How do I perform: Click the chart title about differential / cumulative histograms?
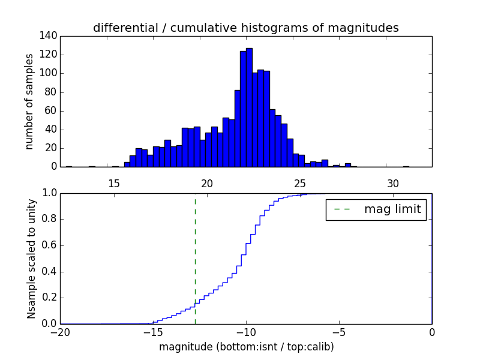tap(245, 28)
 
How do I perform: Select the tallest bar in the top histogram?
tap(249, 108)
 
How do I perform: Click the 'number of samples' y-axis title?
tap(29, 101)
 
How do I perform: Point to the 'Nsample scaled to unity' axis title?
tap(31, 258)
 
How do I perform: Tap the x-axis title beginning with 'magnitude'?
tap(246, 347)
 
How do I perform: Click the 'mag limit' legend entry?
tap(376, 209)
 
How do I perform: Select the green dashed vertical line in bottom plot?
tap(195, 252)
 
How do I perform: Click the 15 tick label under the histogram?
tap(114, 184)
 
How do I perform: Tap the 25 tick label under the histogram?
tap(300, 184)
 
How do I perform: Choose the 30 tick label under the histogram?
tap(393, 184)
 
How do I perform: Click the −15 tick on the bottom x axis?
tap(153, 332)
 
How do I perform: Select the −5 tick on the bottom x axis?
tap(339, 332)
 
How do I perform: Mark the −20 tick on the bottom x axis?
tap(60, 332)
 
